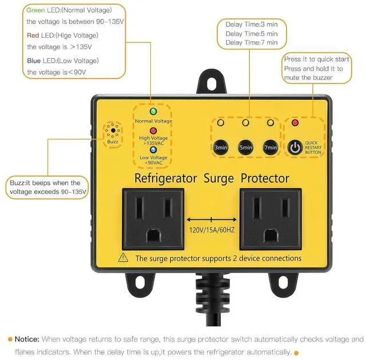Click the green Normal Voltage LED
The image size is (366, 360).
click(153, 112)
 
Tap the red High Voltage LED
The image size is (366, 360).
click(153, 130)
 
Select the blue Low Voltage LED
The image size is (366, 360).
click(153, 150)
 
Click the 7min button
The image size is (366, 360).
click(270, 148)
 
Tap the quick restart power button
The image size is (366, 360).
click(295, 148)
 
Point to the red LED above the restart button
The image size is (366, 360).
click(295, 122)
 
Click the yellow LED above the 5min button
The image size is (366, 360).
click(245, 122)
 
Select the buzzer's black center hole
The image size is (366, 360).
click(113, 130)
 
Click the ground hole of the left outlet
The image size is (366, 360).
click(153, 235)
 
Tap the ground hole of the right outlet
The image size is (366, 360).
click(270, 235)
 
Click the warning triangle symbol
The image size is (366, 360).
click(123, 258)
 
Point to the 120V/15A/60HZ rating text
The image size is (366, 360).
click(212, 230)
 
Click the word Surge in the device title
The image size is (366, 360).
click(218, 178)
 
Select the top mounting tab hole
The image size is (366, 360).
click(212, 84)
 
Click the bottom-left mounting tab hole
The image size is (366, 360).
click(140, 283)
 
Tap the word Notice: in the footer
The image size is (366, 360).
click(27, 339)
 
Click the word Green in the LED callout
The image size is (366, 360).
click(35, 10)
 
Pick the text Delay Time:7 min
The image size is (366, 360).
click(252, 42)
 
